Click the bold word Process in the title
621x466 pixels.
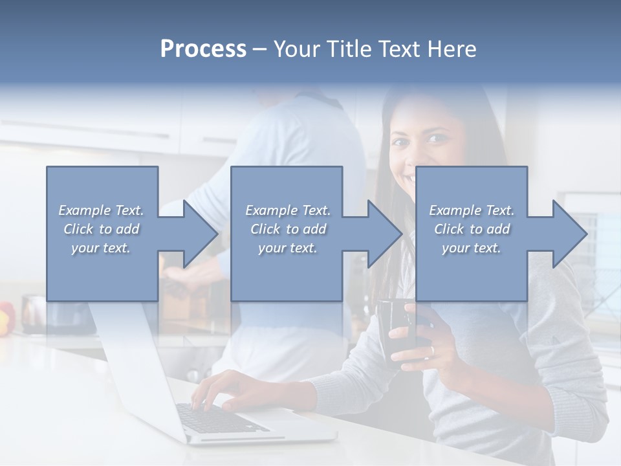[203, 49]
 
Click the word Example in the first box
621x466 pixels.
[84, 210]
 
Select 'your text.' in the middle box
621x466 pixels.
[287, 248]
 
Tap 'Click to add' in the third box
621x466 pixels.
[472, 229]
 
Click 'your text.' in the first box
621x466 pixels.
[101, 248]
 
